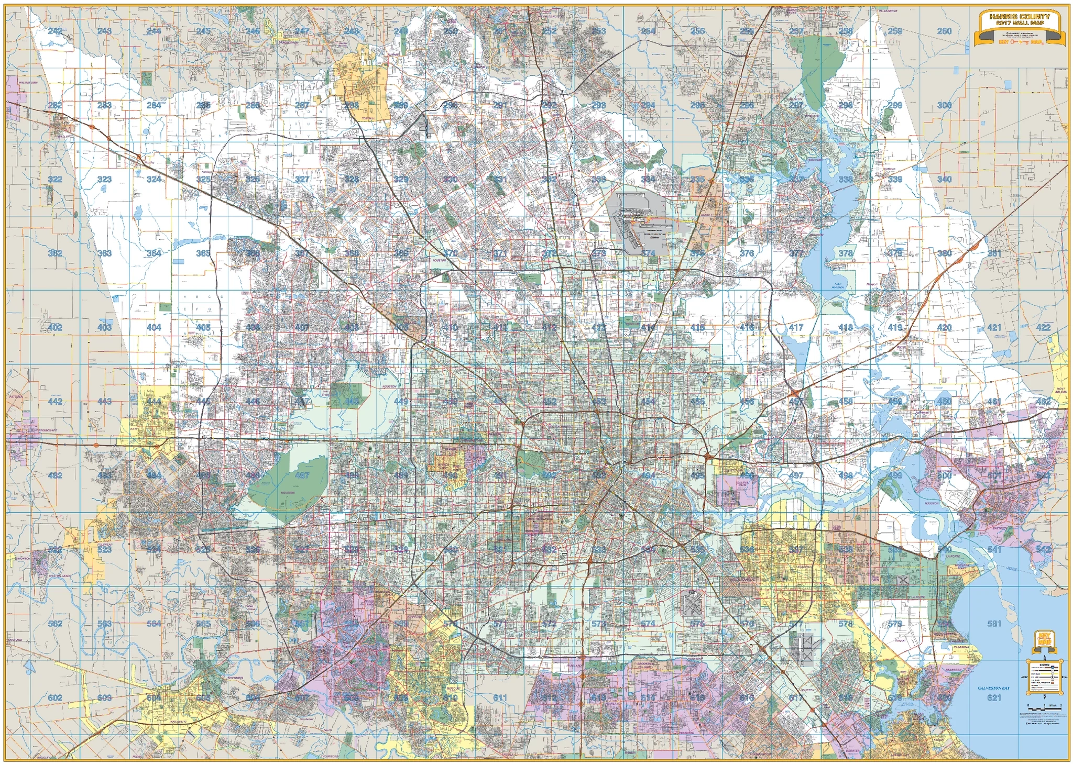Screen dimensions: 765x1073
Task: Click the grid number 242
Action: tap(54, 31)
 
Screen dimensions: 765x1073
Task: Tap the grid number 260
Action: tap(944, 31)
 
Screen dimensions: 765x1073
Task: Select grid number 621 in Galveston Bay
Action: tap(994, 697)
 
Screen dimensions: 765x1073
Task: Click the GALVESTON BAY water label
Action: tap(993, 688)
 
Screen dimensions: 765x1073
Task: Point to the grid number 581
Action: tap(994, 624)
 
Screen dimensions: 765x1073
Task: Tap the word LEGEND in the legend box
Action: tap(1043, 665)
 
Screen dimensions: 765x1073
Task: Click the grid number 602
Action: tap(54, 697)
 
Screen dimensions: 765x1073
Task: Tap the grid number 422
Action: tap(1043, 327)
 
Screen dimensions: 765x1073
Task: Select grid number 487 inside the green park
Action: tap(302, 475)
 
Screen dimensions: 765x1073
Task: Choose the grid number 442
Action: tap(54, 402)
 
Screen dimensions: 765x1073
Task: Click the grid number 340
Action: tap(944, 179)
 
